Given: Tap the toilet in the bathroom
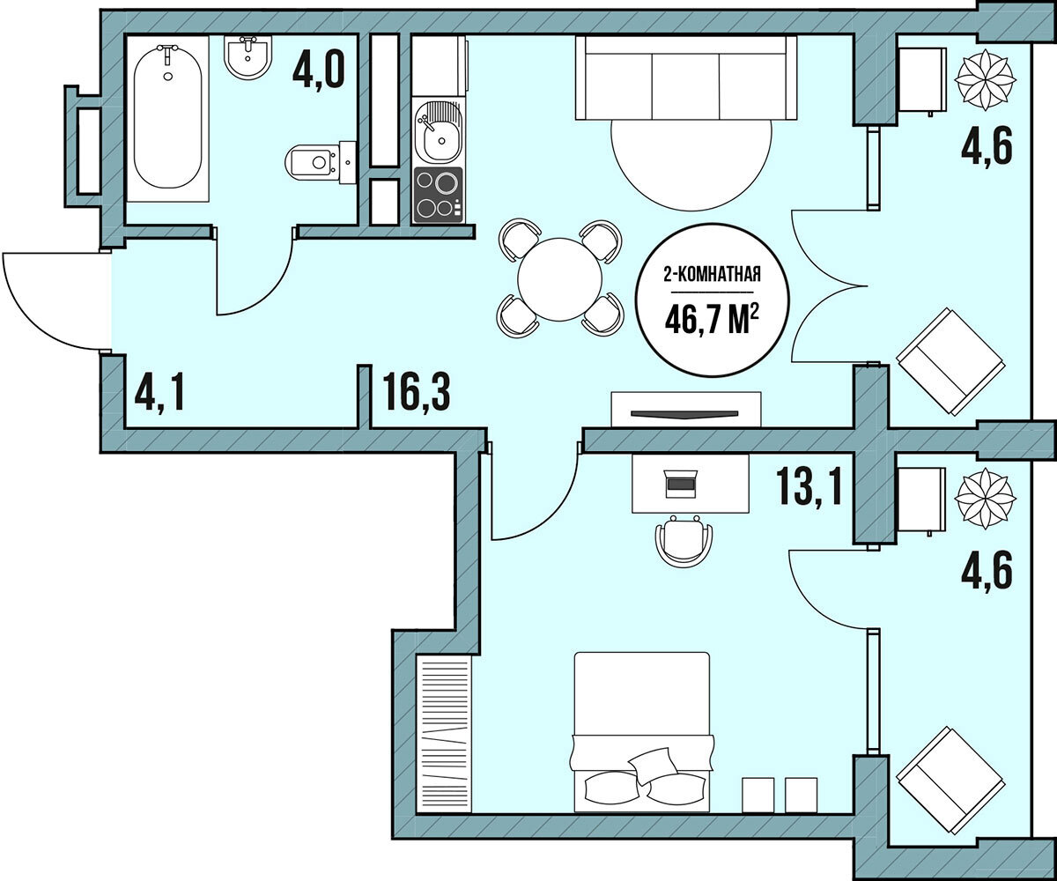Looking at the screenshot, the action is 321,162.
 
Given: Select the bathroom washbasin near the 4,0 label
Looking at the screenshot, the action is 248,56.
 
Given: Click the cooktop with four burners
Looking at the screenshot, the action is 438,195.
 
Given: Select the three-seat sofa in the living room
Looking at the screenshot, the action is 686,78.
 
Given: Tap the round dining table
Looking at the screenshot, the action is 559,279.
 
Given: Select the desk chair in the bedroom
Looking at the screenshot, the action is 684,541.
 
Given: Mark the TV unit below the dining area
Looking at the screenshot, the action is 686,409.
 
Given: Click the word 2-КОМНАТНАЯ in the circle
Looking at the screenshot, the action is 713,276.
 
